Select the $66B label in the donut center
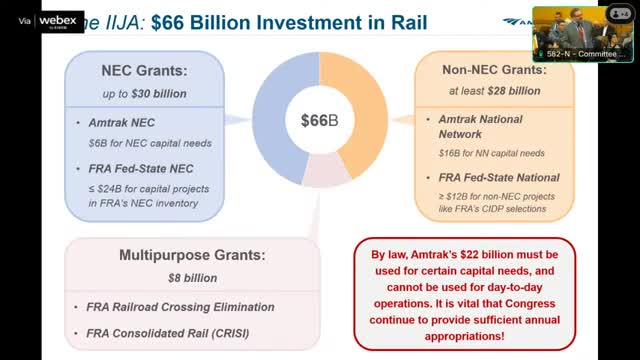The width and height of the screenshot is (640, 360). point(320,121)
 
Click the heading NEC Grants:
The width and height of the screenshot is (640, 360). point(144,71)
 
